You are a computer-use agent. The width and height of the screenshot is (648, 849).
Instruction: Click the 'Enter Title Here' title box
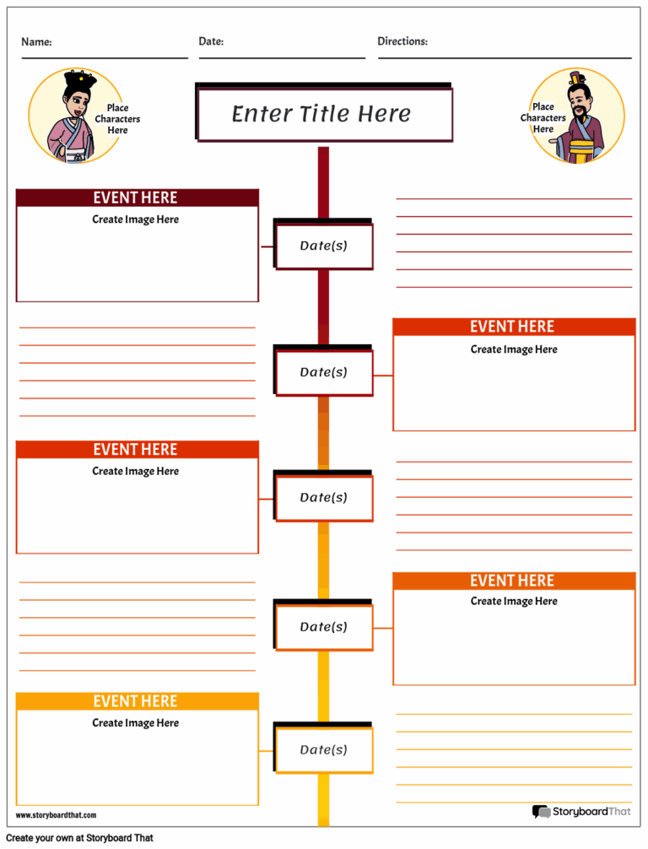coord(323,114)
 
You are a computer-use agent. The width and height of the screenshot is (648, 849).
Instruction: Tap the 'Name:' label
coord(36,42)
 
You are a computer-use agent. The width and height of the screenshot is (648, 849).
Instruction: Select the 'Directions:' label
coord(402,41)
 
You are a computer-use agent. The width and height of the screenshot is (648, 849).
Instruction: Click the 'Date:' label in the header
coord(211,41)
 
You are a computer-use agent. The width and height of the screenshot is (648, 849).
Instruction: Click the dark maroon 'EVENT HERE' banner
coord(137,197)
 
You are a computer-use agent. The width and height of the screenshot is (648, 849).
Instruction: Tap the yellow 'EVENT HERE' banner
coord(137,701)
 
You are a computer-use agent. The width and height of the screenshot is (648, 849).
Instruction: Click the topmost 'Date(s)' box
coord(324,246)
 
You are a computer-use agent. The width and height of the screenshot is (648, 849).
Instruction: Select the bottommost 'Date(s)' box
coord(324,750)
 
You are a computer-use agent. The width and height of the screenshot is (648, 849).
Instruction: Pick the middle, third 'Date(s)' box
coord(324,498)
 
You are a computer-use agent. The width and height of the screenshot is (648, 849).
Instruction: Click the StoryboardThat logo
coord(581,812)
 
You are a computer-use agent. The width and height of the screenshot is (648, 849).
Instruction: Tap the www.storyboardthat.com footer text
coord(56,815)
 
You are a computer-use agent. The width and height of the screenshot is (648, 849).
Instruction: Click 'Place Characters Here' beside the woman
coord(117,119)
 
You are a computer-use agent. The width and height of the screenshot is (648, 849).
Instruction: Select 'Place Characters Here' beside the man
coord(543,118)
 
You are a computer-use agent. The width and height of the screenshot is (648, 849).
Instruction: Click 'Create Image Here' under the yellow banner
coord(136,723)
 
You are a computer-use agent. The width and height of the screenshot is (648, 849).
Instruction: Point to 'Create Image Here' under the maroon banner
coord(136,219)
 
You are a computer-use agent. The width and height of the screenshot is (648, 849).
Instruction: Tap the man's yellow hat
coord(577,80)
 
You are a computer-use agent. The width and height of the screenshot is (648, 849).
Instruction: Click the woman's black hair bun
coord(80,79)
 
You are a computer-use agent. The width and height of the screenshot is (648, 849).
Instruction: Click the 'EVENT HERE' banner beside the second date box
coord(513,327)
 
